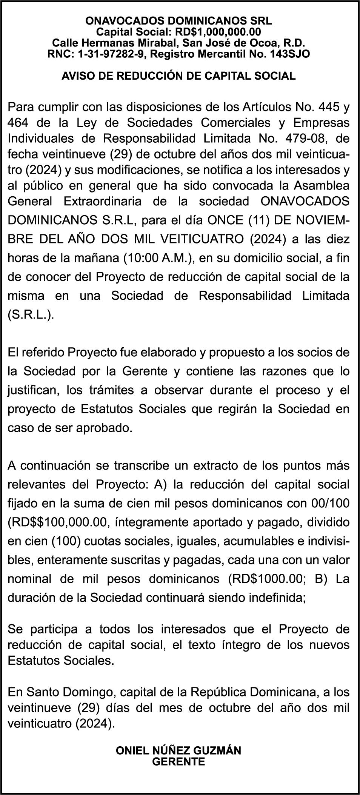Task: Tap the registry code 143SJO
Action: coord(290,54)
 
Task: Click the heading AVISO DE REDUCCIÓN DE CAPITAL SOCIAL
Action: coord(178,76)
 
